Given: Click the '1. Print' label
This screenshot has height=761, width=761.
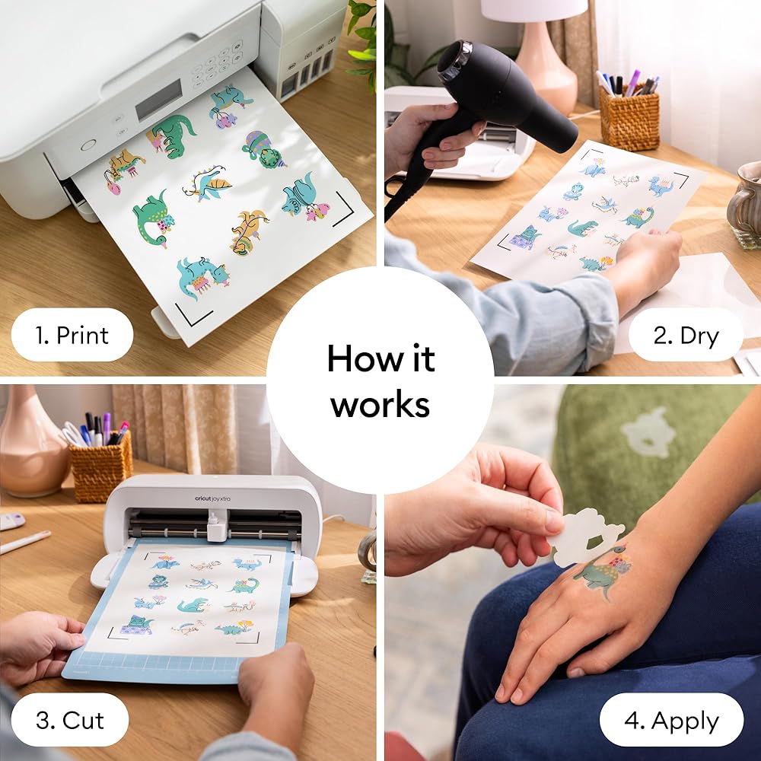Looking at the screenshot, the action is point(72,335).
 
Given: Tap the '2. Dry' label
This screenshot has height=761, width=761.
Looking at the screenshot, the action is point(686,335).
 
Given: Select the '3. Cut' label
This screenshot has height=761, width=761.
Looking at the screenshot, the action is point(70,720).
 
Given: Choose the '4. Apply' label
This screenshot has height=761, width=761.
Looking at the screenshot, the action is point(672,720).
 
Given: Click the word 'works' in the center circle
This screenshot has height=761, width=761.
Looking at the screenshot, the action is point(380,404).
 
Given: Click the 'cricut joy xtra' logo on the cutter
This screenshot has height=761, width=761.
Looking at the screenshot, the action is point(212,498).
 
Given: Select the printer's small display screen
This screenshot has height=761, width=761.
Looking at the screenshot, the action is point(159,100).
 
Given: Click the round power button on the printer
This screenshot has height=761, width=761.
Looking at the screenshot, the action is point(88,145).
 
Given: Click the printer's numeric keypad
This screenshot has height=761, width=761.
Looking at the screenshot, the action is point(215,65).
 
